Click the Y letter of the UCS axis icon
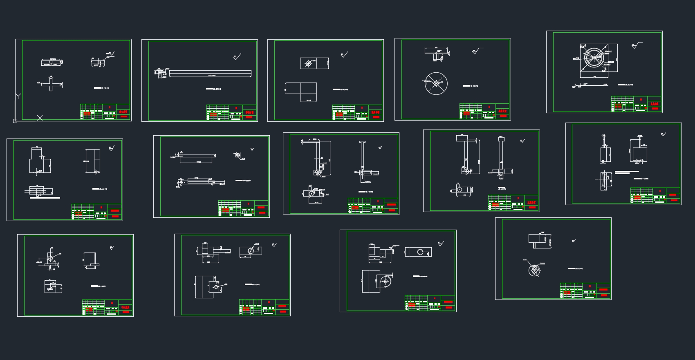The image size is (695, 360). (18, 96)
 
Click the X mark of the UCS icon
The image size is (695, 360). (40, 118)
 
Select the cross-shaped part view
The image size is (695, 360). (51, 83)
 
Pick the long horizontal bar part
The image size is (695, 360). (210, 73)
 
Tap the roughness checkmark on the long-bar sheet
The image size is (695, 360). (237, 57)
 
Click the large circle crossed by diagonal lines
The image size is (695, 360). (436, 83)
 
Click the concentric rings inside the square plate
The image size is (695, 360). (594, 57)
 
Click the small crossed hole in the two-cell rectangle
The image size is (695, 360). (309, 63)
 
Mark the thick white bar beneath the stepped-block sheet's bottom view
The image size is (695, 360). (45, 198)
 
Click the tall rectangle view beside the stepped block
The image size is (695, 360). (92, 161)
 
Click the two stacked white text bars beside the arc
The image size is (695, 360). (626, 172)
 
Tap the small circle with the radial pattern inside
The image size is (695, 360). (534, 270)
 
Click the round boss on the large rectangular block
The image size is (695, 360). (385, 281)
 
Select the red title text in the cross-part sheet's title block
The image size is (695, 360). (123, 112)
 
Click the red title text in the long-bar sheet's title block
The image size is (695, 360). (249, 112)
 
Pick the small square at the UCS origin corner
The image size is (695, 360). (15, 121)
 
